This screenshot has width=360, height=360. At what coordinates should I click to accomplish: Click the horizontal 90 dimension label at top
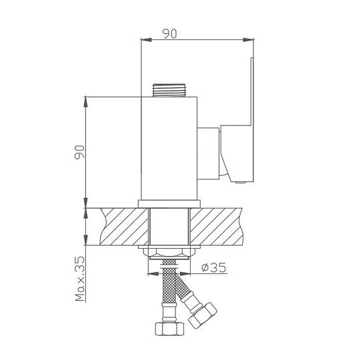(x=170, y=33)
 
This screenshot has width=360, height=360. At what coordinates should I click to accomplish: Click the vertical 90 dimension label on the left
(x=80, y=152)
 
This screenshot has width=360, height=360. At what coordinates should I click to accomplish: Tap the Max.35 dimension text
(x=80, y=279)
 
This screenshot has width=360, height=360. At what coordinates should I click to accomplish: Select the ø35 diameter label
(x=213, y=267)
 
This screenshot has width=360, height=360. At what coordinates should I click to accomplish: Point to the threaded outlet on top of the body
(x=169, y=90)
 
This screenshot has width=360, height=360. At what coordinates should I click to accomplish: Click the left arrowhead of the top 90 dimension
(x=146, y=40)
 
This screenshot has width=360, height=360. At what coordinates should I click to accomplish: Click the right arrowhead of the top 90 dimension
(x=248, y=40)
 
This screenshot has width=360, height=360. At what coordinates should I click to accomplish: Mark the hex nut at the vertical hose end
(x=169, y=329)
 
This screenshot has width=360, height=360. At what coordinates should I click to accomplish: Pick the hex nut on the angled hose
(x=202, y=315)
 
